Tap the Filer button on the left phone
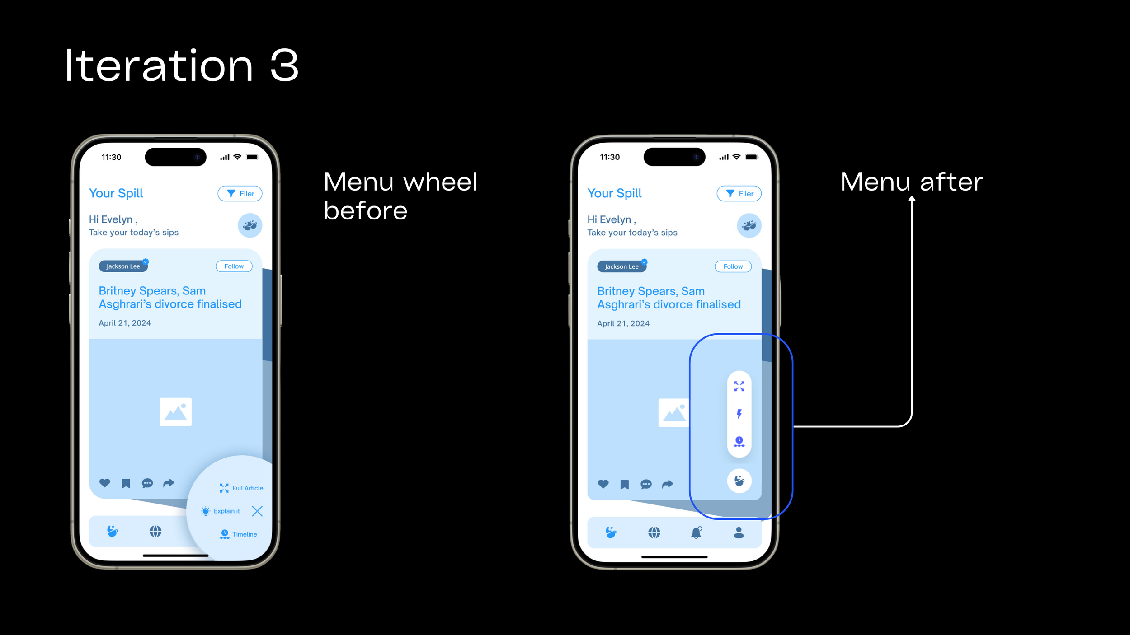(x=240, y=194)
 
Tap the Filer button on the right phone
(x=739, y=194)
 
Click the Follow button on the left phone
(x=234, y=266)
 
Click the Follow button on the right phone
(x=733, y=267)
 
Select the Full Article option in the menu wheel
(x=241, y=488)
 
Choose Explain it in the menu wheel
(x=221, y=511)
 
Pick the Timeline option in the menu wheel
(x=238, y=534)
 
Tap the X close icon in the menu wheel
(x=257, y=511)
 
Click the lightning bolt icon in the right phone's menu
(x=739, y=414)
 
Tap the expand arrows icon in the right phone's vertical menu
(x=739, y=386)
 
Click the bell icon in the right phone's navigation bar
(x=697, y=533)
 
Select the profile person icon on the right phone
(x=739, y=533)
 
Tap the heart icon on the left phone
(x=105, y=483)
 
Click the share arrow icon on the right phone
(x=668, y=485)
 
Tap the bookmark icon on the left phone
(x=126, y=484)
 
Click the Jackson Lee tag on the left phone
(x=123, y=266)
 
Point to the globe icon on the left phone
(x=155, y=532)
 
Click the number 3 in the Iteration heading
(x=284, y=66)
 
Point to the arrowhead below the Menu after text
(x=912, y=198)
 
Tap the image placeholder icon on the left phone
(x=176, y=412)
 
